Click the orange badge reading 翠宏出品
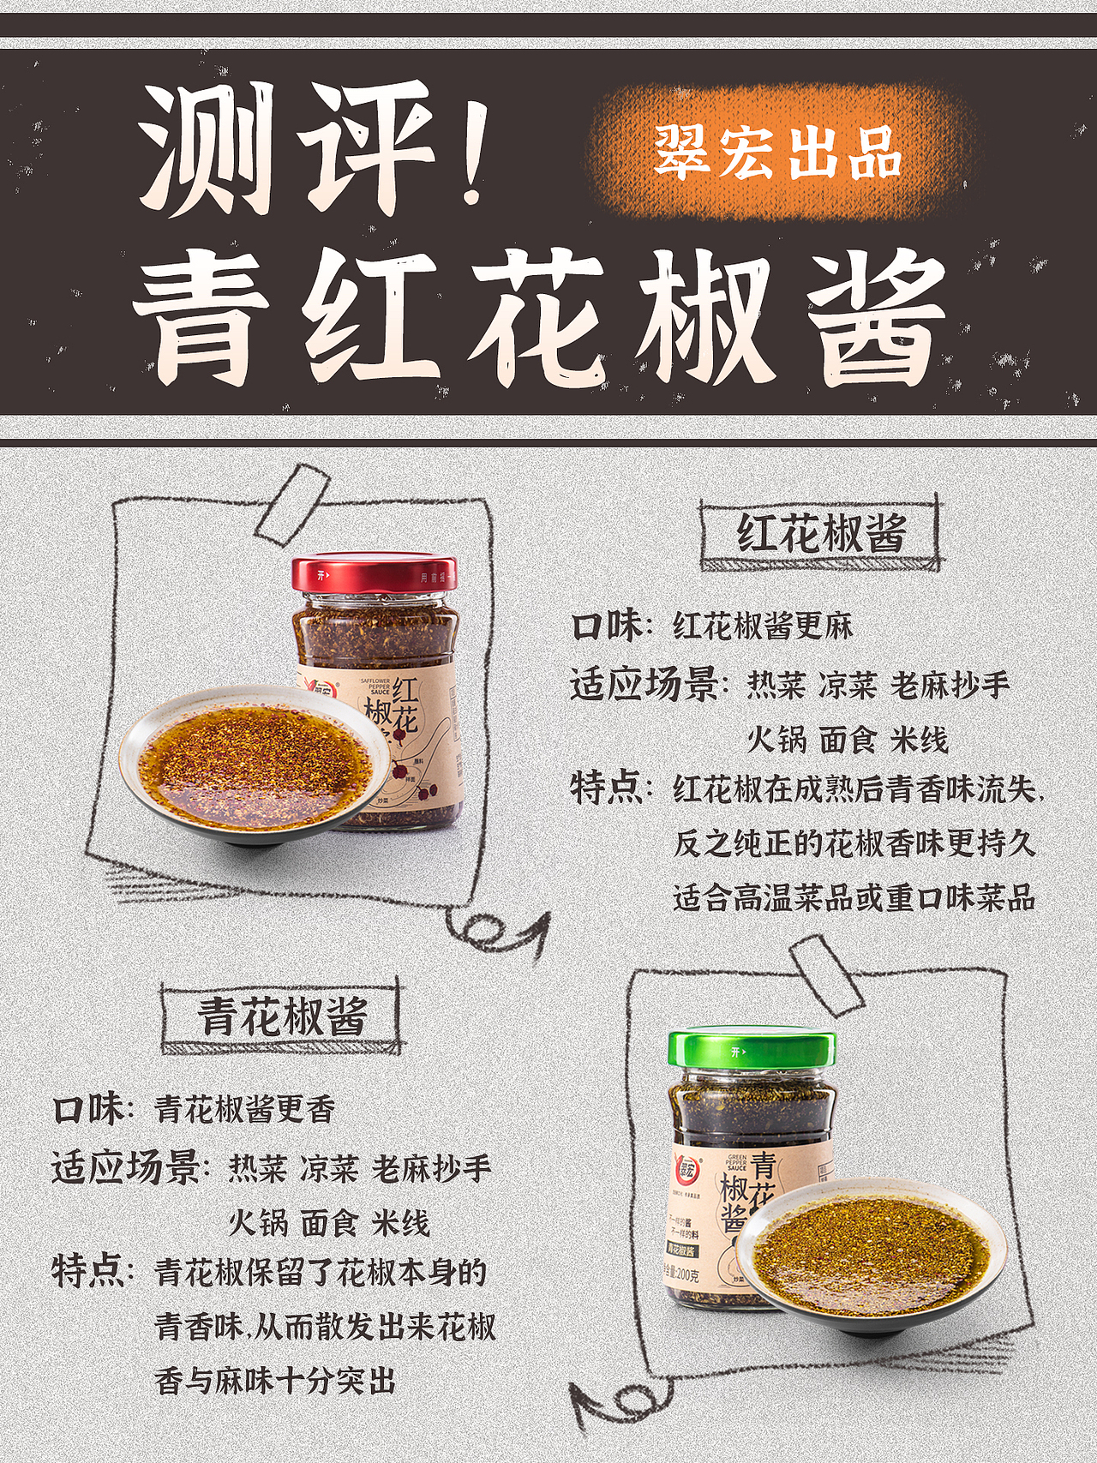coord(778,153)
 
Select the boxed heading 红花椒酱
coord(820,533)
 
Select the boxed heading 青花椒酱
coord(282,1016)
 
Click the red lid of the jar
coord(374,574)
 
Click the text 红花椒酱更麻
coord(763,627)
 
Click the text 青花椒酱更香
coord(244,1109)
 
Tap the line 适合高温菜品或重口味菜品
coord(854,897)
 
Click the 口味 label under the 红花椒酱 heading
coord(606,627)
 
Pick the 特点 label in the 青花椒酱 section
coord(87,1271)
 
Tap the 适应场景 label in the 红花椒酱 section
coord(644,685)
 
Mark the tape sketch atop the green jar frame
coord(824,974)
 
